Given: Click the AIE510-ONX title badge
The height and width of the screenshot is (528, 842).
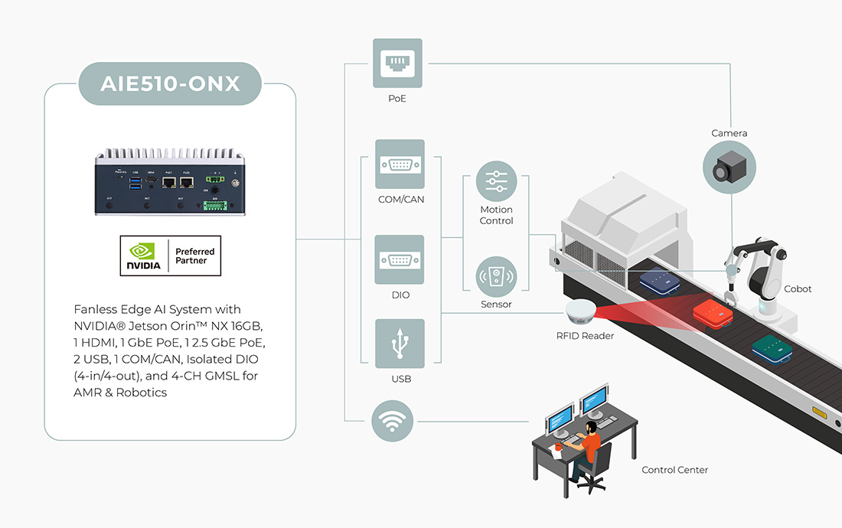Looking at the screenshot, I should point(170,83).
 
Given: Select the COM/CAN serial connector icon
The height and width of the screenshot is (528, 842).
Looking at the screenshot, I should point(400,164).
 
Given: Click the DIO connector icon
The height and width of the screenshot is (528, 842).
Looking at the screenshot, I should point(400,259).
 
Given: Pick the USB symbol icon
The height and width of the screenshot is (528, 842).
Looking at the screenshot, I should point(400,344).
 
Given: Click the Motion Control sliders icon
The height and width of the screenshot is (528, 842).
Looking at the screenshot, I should point(496,181).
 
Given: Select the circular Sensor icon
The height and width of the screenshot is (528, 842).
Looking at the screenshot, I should point(496,276).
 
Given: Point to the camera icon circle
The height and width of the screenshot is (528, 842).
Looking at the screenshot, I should point(729,169).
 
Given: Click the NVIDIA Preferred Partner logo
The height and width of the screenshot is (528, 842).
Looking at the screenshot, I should point(170,256).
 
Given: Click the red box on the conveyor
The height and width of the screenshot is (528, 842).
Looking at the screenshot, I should point(713,313).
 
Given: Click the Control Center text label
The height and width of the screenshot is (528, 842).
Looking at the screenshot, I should point(674,470).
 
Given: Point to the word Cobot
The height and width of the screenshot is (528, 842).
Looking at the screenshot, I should point(798,289).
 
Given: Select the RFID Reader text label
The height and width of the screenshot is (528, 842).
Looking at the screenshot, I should point(586,336).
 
